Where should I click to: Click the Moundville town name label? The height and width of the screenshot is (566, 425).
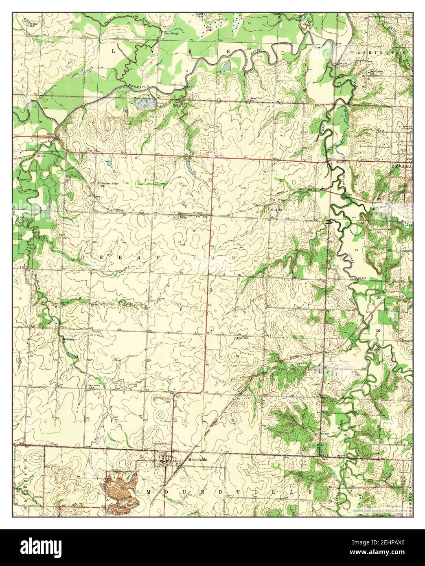(198, 459)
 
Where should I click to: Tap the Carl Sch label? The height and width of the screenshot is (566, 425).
(243, 338)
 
